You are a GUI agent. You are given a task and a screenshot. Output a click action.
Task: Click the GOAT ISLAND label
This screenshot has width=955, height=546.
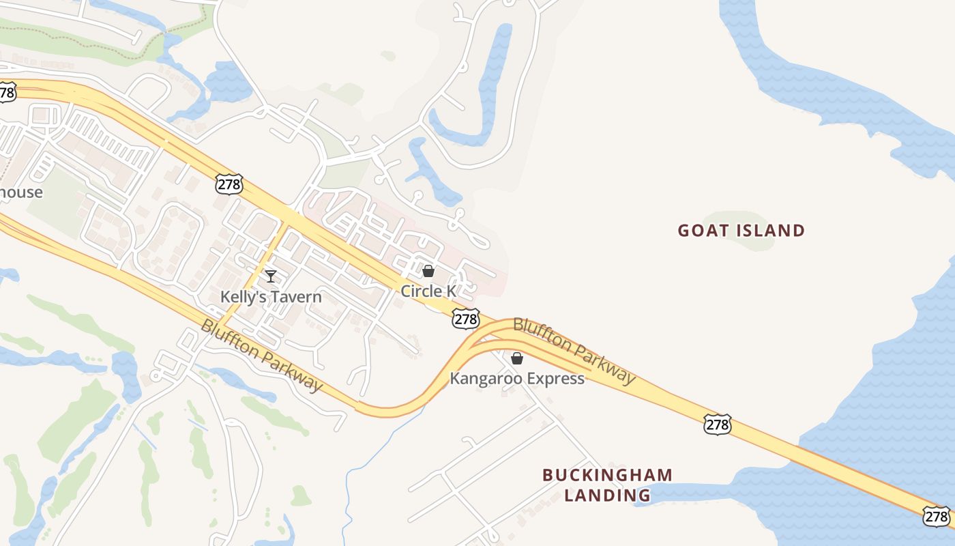741,231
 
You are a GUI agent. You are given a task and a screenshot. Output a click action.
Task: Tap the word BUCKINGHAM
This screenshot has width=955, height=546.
608,475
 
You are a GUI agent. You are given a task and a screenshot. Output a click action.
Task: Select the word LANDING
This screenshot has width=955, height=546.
607,495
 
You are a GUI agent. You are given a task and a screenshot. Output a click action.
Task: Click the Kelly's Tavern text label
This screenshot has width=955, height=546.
271,297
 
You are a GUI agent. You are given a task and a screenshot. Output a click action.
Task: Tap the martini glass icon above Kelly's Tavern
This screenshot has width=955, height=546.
271,276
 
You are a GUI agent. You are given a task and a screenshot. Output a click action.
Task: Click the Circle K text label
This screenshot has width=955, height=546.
428,291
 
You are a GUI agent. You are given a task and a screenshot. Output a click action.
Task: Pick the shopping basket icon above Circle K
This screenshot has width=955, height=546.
428,271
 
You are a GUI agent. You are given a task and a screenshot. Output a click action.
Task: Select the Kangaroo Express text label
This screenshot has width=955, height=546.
517,378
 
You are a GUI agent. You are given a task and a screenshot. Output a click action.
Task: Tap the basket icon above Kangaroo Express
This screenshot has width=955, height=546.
517,358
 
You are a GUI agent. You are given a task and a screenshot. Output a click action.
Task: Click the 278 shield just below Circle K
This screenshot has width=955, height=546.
465,319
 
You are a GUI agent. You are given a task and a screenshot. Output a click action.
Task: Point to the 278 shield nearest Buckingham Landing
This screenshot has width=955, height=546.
718,425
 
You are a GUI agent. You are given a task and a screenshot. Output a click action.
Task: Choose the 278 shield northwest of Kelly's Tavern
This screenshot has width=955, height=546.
228,184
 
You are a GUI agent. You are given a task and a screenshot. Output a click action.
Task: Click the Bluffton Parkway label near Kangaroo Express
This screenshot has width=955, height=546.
574,350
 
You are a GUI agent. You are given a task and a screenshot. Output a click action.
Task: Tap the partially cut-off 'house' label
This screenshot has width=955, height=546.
20,192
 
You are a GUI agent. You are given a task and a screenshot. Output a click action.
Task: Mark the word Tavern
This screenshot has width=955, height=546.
296,297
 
